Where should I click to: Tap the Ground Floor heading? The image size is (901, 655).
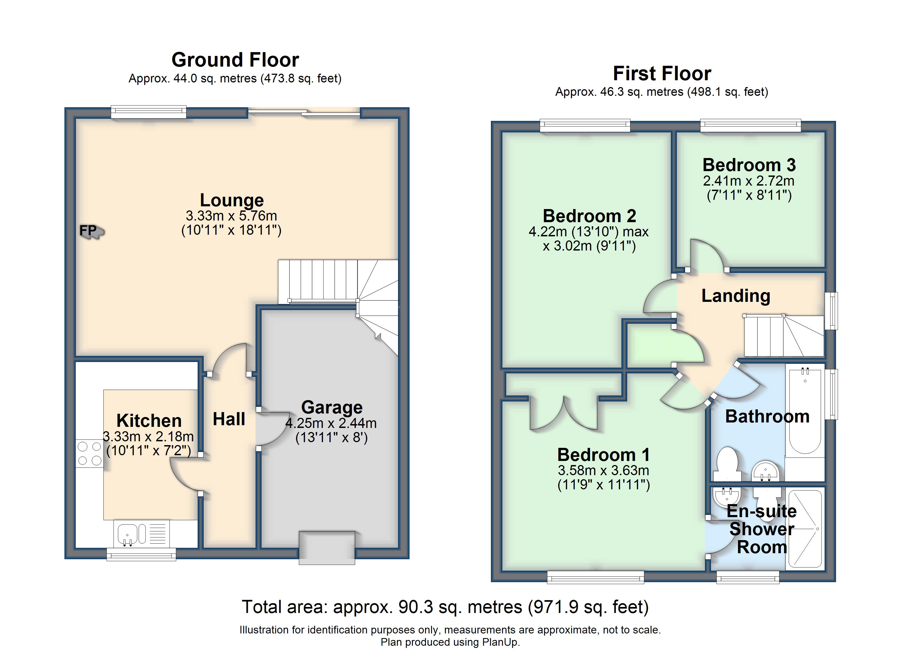point(235,60)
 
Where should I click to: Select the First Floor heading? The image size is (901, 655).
point(662,73)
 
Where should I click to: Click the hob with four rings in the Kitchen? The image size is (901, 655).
point(89,453)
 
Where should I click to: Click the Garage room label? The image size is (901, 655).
point(332,407)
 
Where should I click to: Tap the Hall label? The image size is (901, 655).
point(229,419)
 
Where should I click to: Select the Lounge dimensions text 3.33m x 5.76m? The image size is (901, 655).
point(232,216)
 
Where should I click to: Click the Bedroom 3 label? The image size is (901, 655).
point(749,165)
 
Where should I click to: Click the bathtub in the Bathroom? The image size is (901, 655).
point(805,411)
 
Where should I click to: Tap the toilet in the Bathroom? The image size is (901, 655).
point(727,464)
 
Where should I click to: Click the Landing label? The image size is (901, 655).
point(736,296)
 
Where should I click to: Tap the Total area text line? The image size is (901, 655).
point(445,607)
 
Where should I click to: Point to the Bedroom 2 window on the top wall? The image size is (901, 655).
point(585,126)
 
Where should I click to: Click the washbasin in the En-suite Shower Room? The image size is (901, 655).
point(727,495)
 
